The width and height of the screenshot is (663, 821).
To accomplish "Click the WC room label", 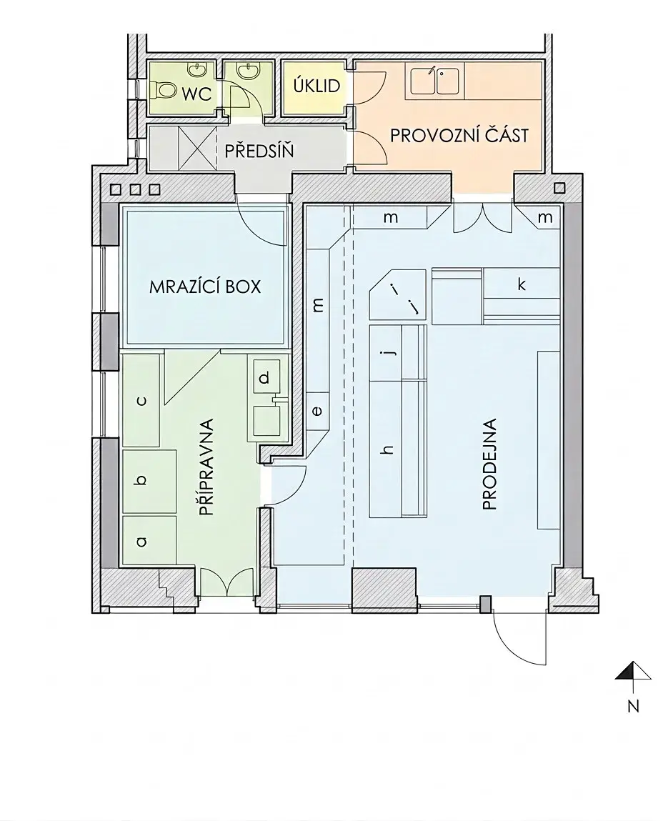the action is (196, 94).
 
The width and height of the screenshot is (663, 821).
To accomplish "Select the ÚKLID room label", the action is (316, 86).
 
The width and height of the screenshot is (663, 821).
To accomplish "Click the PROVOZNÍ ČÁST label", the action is (459, 135).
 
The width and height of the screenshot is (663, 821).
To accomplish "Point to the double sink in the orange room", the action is (435, 81).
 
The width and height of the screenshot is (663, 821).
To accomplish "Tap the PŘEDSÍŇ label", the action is (259, 151).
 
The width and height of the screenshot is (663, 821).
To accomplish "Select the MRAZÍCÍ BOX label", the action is (205, 287).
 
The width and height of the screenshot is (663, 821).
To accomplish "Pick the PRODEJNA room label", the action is (489, 464).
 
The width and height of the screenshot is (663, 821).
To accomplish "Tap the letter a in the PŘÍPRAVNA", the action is (141, 542).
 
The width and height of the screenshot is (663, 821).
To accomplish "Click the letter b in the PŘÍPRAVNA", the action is (140, 479).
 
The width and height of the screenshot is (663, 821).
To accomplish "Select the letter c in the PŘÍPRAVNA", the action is (141, 401).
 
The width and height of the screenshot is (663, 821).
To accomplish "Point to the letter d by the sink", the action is (264, 377).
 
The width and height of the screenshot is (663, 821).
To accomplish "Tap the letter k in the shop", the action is (521, 284).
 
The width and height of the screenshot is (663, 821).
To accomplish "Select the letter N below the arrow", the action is (634, 706).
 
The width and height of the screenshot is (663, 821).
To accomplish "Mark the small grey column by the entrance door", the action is (486, 603).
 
